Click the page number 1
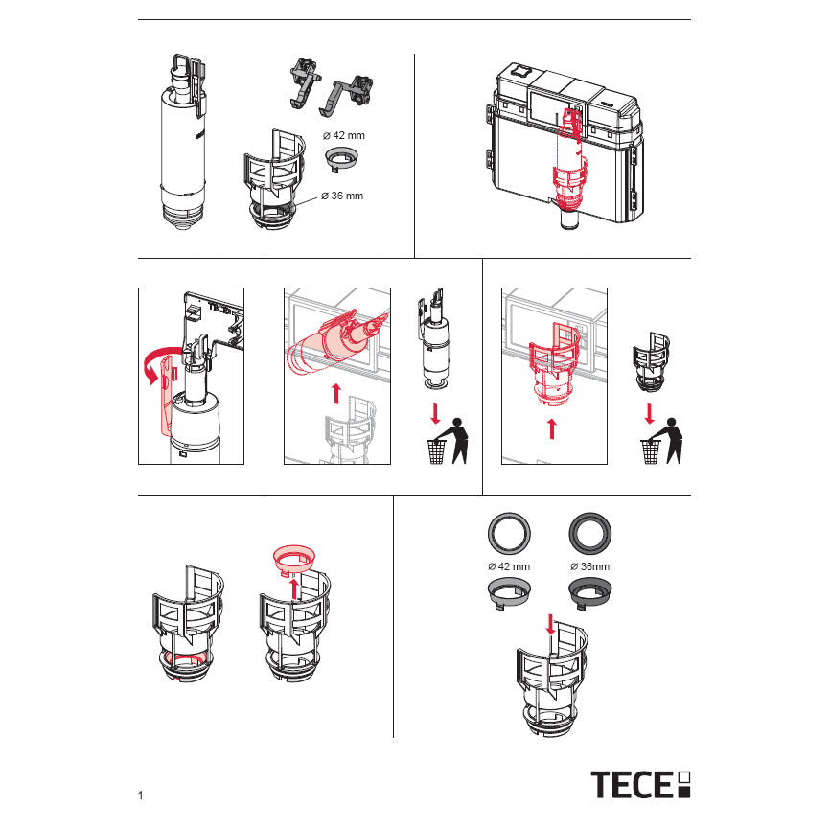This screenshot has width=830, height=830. point(140,795)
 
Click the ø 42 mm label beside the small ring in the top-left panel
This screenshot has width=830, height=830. point(344,135)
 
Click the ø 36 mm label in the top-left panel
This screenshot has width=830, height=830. point(342,196)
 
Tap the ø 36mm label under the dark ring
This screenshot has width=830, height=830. point(589,566)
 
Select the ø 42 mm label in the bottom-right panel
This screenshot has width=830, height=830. point(509,566)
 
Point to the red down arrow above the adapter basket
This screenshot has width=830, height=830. point(550,625)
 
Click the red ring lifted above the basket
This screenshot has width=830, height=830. point(294,560)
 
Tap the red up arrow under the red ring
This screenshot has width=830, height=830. point(294,589)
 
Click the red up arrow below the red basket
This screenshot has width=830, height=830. point(552,428)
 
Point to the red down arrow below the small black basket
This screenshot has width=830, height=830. point(650,414)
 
